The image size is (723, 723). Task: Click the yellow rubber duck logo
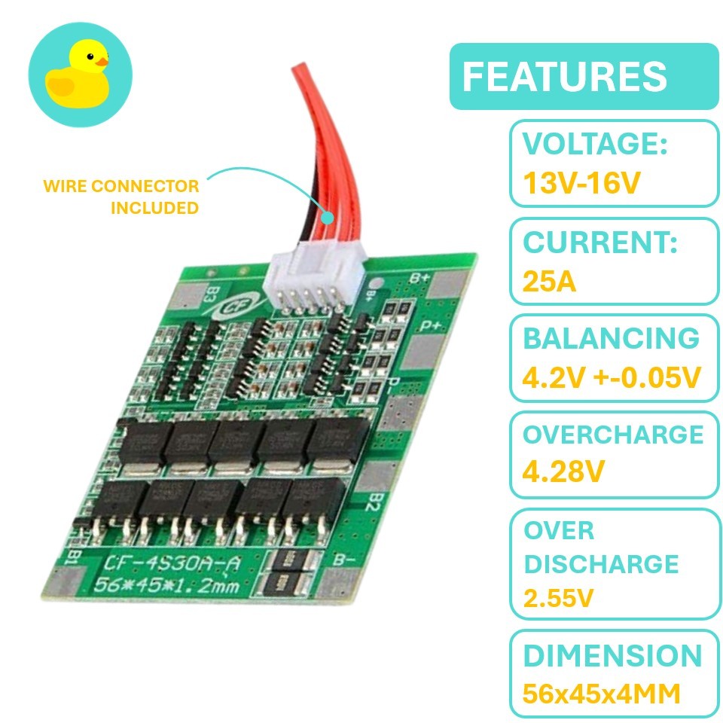[78, 74]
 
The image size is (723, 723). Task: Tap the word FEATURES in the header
[564, 77]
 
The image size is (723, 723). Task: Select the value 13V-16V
[581, 182]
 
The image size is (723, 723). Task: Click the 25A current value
[549, 281]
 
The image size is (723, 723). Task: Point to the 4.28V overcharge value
[563, 471]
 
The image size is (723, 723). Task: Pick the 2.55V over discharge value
[558, 598]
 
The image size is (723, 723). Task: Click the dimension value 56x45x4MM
[601, 693]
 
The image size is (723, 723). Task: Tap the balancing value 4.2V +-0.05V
[612, 377]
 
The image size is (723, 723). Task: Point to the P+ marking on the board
[431, 325]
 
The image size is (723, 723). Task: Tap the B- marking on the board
[344, 560]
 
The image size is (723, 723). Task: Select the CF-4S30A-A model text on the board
[172, 563]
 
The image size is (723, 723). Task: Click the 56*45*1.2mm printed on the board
[166, 584]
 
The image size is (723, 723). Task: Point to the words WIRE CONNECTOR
[120, 186]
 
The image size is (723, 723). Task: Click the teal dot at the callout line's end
[327, 218]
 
